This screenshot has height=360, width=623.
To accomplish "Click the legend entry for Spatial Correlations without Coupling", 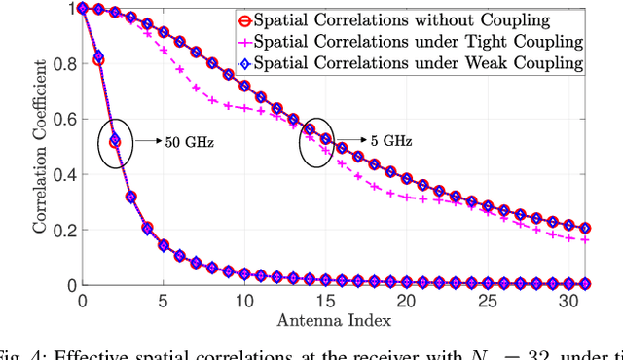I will tap(409, 19).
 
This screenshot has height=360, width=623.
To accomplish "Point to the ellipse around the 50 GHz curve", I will tap(116, 143).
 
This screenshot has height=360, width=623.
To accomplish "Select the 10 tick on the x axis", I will tap(243, 301).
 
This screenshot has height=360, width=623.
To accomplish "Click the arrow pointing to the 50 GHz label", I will tap(146, 141).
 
